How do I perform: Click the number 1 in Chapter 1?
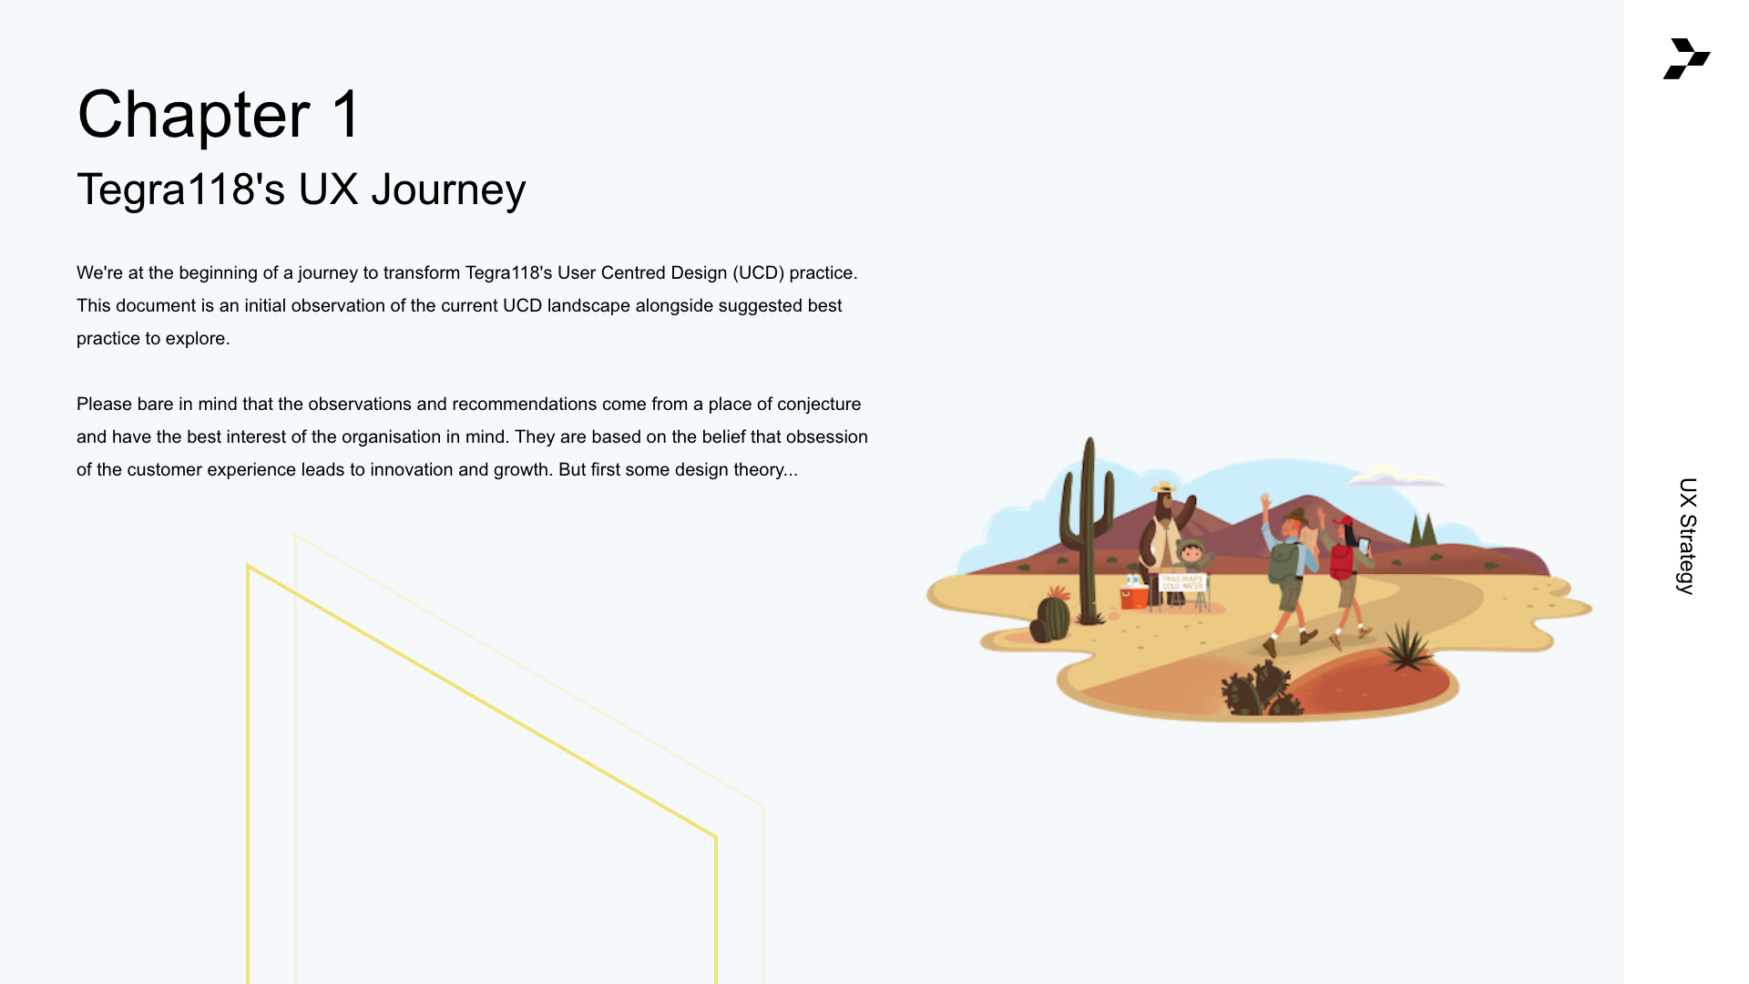346,115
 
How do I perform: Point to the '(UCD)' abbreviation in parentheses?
758,273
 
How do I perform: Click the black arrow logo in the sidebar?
1686,58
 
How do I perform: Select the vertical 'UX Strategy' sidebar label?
1687,536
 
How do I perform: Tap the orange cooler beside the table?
1134,596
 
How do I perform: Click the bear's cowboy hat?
1163,487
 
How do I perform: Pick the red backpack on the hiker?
1341,562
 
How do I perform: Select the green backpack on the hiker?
1284,562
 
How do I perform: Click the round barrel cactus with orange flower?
1054,615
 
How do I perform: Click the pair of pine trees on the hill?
1423,529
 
